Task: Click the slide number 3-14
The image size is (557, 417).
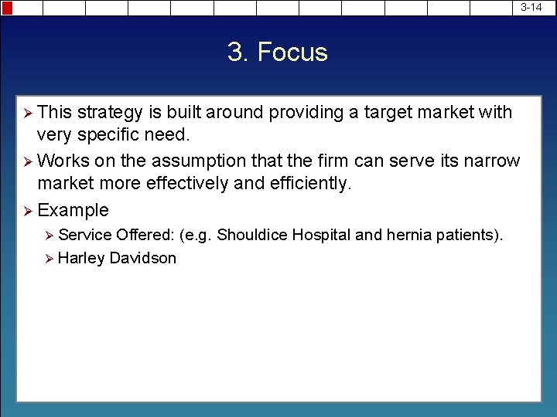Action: [x=531, y=7]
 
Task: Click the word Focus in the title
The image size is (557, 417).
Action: [x=292, y=53]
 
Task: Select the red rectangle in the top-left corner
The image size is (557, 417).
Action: [x=6, y=8]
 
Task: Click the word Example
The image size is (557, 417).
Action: [x=73, y=210]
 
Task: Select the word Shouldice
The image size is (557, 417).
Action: [x=252, y=235]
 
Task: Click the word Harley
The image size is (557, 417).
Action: [x=81, y=259]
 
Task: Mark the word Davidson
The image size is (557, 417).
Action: [x=142, y=259]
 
